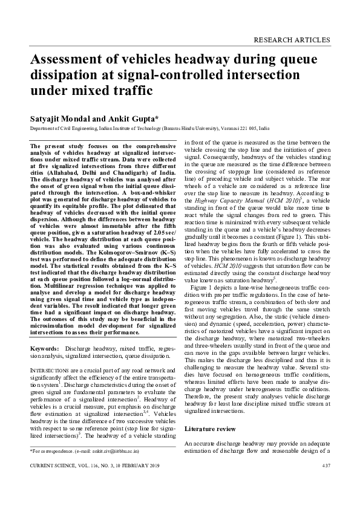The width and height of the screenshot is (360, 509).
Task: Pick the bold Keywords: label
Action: (44, 349)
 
